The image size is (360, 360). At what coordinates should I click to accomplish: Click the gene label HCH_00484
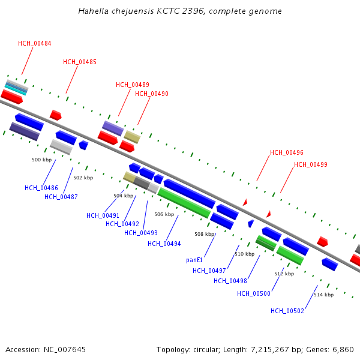34,43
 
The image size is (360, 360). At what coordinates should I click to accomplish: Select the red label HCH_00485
80,62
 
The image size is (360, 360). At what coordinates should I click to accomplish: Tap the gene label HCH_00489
133,85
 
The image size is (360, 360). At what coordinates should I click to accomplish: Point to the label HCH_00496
287,152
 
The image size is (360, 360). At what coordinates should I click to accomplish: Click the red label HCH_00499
311,164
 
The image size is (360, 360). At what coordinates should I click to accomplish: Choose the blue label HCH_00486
41,188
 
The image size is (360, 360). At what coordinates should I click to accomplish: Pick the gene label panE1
194,260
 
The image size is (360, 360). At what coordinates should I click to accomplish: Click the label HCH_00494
164,244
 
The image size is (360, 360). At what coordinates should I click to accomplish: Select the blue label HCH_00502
287,311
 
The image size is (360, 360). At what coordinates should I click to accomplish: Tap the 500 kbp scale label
41,160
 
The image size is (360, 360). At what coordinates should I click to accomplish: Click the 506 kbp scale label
164,214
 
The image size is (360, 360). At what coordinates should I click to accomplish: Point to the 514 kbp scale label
323,295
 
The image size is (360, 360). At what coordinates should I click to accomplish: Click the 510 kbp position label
244,254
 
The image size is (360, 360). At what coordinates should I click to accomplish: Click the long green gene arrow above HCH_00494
184,203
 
